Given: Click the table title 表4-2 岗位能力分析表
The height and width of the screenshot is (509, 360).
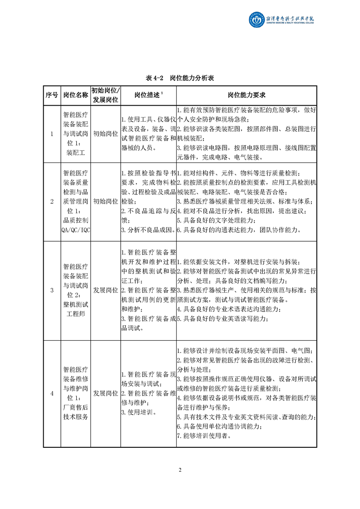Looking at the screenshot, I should point(180,78).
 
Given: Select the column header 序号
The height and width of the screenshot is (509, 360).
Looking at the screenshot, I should point(51,95).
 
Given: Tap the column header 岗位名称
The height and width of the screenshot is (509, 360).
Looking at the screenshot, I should point(75,95).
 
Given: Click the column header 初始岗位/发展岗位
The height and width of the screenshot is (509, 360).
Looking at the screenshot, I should point(105,95).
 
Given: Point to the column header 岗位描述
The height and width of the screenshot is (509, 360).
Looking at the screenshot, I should point(148,95).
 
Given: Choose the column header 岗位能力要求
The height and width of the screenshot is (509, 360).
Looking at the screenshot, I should point(246,95).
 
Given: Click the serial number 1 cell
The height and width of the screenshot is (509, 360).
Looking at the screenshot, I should point(51,134).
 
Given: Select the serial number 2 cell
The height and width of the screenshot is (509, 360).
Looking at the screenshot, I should point(51,201).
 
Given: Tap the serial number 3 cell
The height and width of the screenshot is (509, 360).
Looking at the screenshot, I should point(51,290).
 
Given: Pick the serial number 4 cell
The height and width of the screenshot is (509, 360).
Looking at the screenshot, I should point(51,393).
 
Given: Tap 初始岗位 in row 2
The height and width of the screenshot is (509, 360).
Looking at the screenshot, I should point(105,201).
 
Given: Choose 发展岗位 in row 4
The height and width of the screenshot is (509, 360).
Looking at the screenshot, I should point(105,393).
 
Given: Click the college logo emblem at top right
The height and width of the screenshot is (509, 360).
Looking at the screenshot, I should point(256,20).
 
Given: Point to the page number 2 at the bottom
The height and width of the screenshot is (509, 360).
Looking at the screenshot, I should point(180,470).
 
